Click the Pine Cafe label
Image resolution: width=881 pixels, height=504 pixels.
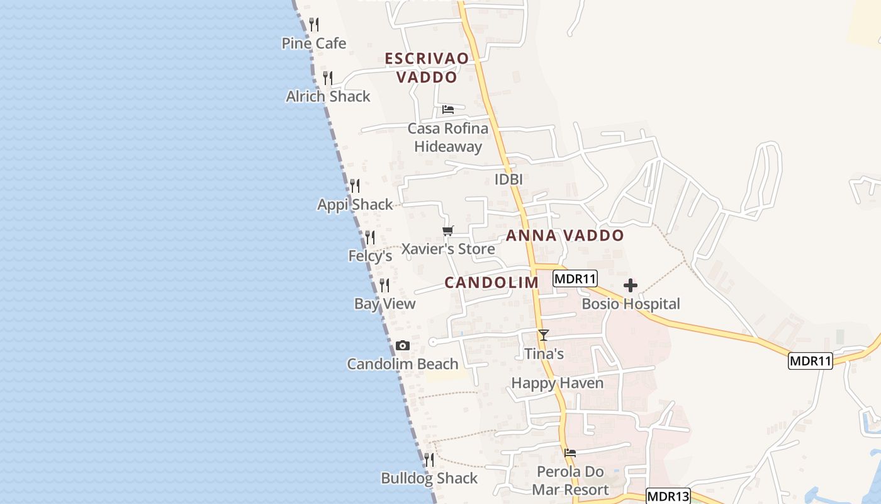click(313, 43)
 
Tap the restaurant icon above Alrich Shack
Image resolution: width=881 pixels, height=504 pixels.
click(328, 78)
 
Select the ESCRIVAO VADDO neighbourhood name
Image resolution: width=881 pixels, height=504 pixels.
click(427, 67)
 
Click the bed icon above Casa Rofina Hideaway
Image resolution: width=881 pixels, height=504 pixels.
click(448, 110)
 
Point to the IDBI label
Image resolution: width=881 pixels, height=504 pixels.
click(508, 180)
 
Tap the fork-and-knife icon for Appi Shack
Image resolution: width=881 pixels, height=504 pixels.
click(355, 186)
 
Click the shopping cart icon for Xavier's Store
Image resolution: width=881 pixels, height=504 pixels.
click(448, 231)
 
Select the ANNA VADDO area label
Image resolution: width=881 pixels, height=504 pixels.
click(565, 236)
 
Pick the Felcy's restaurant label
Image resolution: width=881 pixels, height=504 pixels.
click(370, 256)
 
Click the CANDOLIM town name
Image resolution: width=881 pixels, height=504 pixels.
click(491, 283)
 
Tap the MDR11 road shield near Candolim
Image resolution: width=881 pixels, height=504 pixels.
click(575, 278)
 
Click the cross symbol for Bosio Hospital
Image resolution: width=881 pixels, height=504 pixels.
click(630, 286)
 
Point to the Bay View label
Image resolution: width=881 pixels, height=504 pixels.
click(384, 304)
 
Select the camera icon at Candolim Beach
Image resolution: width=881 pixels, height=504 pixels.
click(403, 346)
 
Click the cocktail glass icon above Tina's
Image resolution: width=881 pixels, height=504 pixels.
click(544, 335)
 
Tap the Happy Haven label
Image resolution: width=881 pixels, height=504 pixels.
click(557, 383)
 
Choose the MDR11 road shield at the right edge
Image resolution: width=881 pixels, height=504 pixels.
click(810, 361)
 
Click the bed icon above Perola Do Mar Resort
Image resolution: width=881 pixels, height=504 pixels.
click(570, 452)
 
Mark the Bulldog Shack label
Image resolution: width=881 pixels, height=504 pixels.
click(429, 478)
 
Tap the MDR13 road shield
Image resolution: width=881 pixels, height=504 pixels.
click(668, 496)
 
